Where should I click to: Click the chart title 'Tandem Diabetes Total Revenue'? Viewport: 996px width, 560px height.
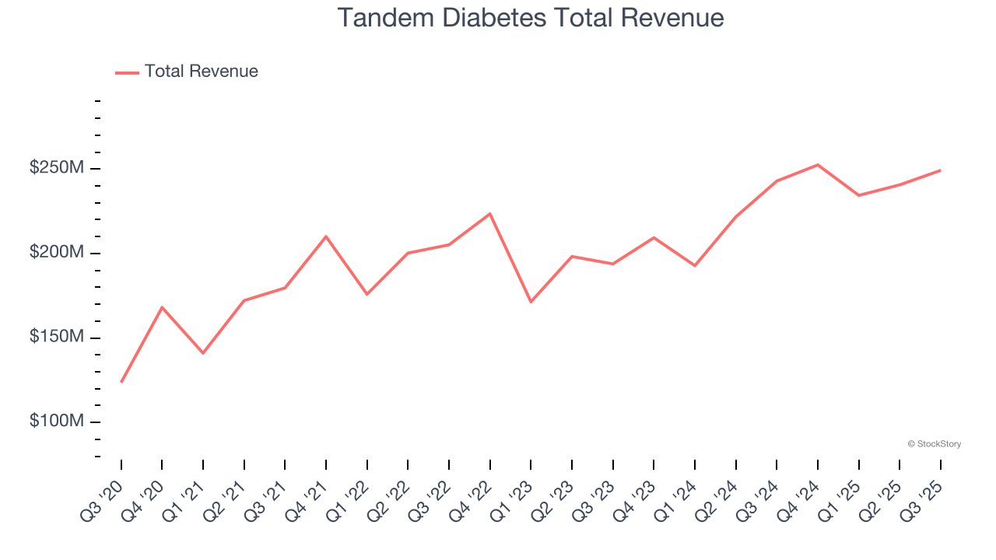[531, 18]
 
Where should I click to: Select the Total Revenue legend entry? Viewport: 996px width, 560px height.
[187, 72]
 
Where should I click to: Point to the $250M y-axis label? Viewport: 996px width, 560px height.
[56, 168]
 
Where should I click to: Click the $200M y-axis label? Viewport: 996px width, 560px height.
[56, 253]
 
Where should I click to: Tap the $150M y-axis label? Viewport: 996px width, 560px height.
[56, 337]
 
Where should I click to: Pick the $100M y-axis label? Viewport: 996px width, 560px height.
[56, 421]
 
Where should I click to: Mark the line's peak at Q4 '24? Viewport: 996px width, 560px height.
[818, 165]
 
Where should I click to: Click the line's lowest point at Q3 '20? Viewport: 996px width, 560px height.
[121, 382]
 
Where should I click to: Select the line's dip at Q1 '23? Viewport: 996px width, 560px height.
[531, 302]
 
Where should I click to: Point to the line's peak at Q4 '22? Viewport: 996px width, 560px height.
[489, 213]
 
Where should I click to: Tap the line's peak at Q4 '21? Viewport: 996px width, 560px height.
[326, 236]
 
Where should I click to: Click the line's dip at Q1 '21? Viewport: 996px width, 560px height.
[203, 353]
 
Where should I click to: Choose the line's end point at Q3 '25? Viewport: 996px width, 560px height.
[940, 170]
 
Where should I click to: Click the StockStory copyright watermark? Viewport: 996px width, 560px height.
[934, 444]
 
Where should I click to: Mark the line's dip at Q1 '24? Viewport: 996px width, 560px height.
[694, 266]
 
